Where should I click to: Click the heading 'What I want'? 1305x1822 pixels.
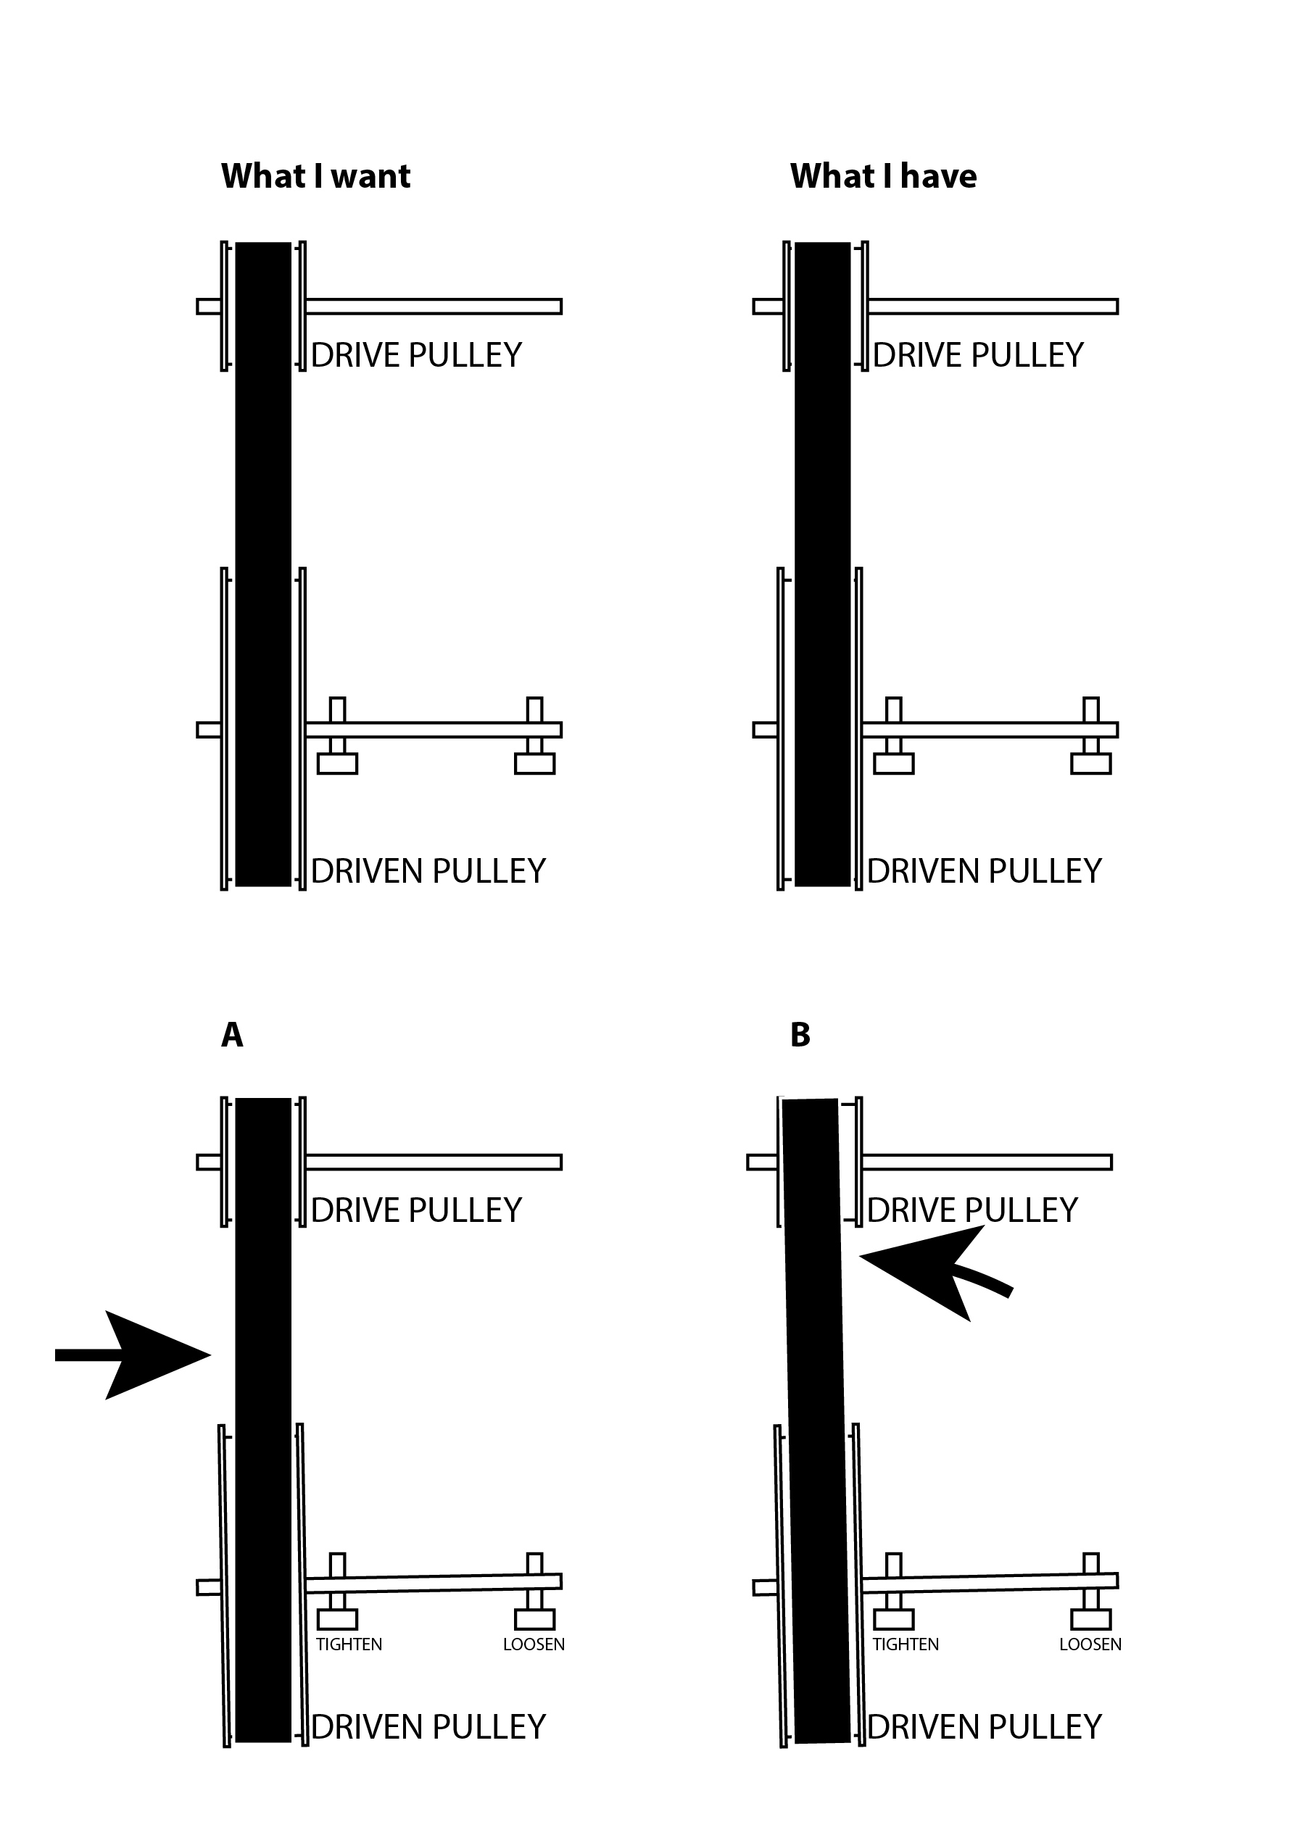(316, 177)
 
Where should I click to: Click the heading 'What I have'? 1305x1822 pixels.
(883, 177)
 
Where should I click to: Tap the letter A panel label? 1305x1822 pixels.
(231, 1036)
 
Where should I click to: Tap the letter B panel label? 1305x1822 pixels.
(800, 1036)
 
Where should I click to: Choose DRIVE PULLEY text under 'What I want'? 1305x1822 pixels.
(416, 355)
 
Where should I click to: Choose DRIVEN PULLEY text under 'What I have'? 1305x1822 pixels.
(985, 871)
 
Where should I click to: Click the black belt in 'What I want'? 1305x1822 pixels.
(262, 564)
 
